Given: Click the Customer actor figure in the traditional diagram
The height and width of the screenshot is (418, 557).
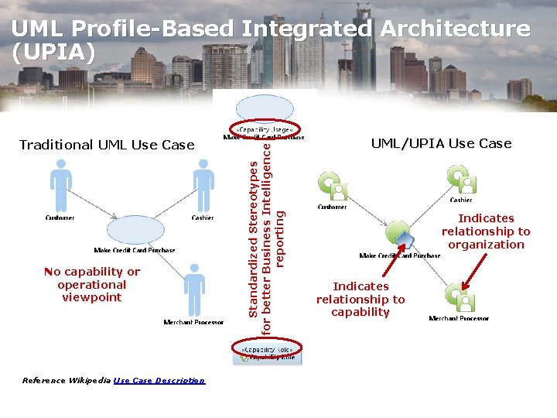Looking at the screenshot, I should coord(60,186).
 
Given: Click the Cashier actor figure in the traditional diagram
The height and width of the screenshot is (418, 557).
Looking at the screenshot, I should coord(203,186).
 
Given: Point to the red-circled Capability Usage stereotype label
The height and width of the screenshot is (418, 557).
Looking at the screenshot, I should coord(265,129).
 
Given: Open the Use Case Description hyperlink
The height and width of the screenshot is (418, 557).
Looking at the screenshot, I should coord(159,380).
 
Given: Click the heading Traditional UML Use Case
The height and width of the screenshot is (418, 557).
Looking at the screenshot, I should coord(107,145).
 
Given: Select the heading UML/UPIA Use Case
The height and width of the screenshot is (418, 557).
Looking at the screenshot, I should coord(441,142).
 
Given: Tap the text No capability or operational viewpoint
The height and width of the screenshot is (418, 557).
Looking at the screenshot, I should coord(92,284).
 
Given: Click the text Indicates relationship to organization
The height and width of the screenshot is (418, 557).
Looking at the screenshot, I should coord(486,231).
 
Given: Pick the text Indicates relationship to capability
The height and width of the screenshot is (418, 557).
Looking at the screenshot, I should coord(361,299).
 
